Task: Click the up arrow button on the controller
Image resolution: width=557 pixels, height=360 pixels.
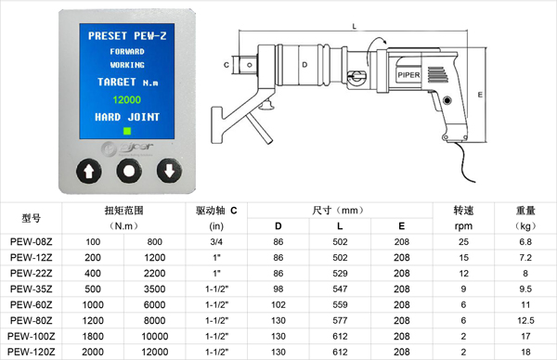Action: click(x=89, y=171)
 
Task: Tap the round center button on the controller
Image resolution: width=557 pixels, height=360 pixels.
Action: click(x=129, y=171)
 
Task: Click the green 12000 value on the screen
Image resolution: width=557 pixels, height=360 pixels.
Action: click(x=127, y=100)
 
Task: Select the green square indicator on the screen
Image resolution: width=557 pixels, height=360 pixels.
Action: click(x=127, y=131)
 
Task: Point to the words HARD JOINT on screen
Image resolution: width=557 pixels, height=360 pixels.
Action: click(x=127, y=117)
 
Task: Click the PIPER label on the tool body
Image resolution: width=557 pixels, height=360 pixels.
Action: click(x=408, y=75)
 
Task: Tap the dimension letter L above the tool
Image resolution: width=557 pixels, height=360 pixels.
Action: click(x=355, y=26)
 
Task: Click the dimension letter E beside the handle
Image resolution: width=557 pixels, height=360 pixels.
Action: click(x=480, y=95)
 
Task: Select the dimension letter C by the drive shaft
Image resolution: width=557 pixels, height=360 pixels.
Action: click(x=227, y=65)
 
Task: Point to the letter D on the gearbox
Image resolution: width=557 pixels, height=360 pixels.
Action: click(x=304, y=65)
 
